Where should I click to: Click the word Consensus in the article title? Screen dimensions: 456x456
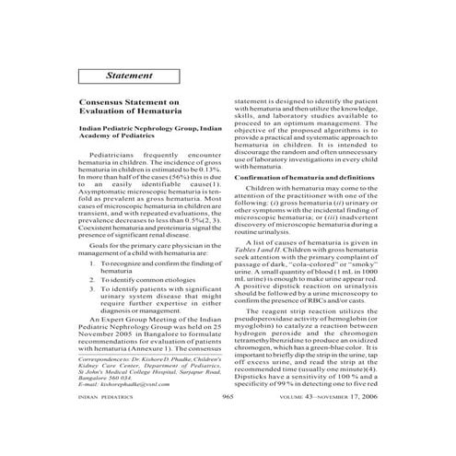pyautogui.click(x=103, y=106)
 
